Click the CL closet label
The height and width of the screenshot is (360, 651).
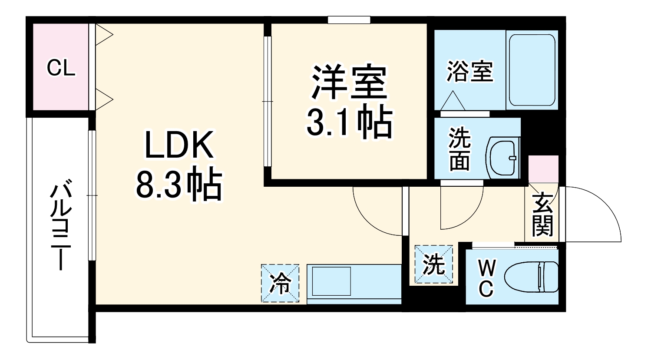61,69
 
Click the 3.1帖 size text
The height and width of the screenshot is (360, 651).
349,123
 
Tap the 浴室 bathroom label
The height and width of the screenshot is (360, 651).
470,72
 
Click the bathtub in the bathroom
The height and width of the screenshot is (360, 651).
532,69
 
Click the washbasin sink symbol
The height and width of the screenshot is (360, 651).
504,158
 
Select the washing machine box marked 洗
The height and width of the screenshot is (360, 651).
433,264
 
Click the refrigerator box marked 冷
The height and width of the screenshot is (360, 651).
280,283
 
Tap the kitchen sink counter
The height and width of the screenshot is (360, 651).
354,283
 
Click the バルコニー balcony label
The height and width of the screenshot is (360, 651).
61,226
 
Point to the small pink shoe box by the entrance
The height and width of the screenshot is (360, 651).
543,168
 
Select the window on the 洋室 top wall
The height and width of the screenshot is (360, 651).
349,20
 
